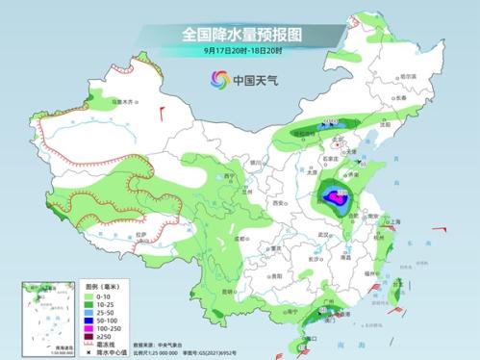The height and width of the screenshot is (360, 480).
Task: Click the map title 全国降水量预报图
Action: pos(240,34)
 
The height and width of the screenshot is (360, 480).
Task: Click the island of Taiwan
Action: pos(392,296)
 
